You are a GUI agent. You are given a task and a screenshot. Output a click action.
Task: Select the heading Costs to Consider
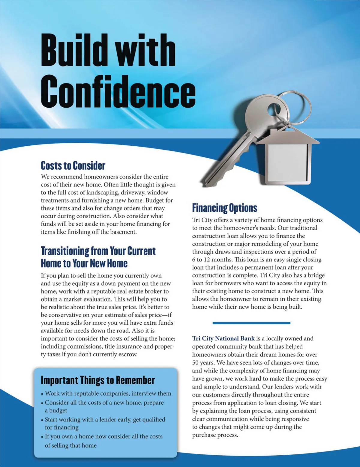[x=73, y=165]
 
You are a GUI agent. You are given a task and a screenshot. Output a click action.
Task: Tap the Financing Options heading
[x=224, y=208]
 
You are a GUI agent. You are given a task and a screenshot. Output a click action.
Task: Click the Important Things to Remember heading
[x=97, y=380]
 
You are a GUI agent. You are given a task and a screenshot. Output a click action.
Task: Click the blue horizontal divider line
[x=251, y=323]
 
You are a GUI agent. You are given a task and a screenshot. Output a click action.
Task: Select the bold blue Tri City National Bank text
[x=223, y=338]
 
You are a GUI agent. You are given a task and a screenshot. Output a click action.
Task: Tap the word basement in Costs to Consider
[x=123, y=232]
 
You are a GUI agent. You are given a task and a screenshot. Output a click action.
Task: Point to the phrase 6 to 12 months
[x=212, y=259]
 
